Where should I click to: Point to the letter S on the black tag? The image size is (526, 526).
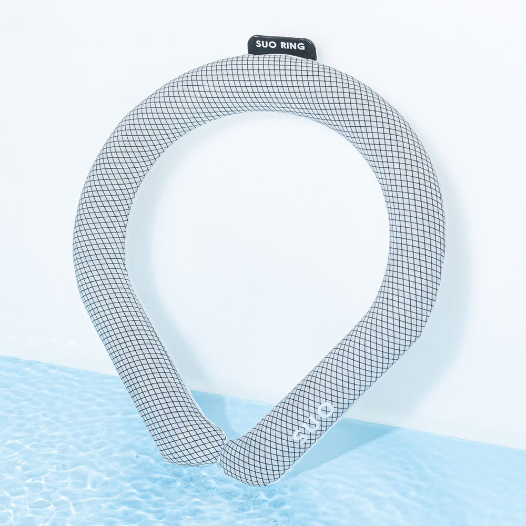pyautogui.click(x=259, y=44)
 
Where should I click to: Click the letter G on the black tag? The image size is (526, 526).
pyautogui.click(x=301, y=47)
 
